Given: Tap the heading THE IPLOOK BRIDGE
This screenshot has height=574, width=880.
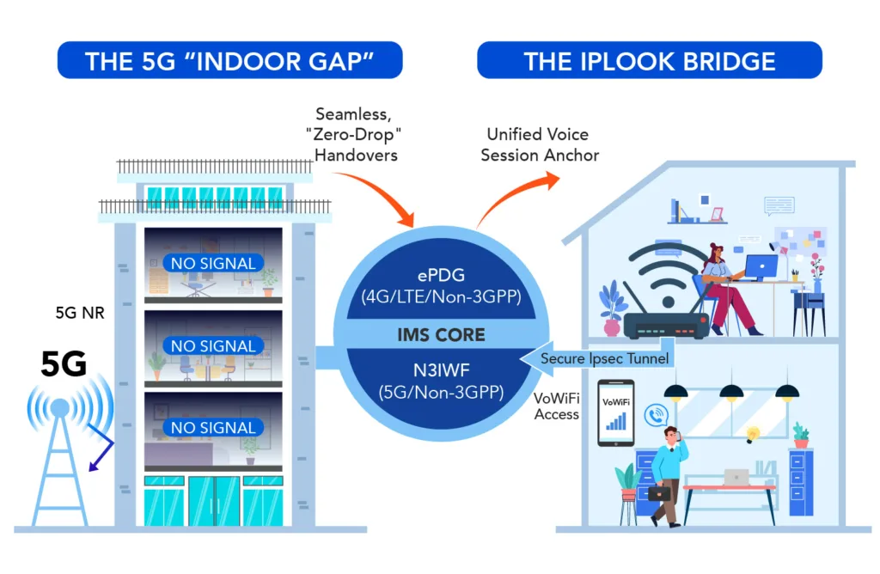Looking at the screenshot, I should coord(650,61).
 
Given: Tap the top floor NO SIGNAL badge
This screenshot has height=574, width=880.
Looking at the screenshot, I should coord(213,263).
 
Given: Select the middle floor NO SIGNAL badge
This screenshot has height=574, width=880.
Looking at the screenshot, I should coord(213,346).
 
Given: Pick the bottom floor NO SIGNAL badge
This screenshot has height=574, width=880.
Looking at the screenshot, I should coord(213,427).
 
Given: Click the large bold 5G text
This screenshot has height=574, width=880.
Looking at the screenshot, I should coord(64,364).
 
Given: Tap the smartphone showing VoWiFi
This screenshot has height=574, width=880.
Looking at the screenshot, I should coord(615,412).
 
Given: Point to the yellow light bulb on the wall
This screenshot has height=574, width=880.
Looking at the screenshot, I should coord(754,433).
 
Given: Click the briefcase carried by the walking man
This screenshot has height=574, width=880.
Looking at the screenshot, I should coord(660,492).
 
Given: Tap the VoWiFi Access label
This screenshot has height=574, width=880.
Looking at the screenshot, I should coord(556,406).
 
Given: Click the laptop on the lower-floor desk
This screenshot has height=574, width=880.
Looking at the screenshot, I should coord(736,476).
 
